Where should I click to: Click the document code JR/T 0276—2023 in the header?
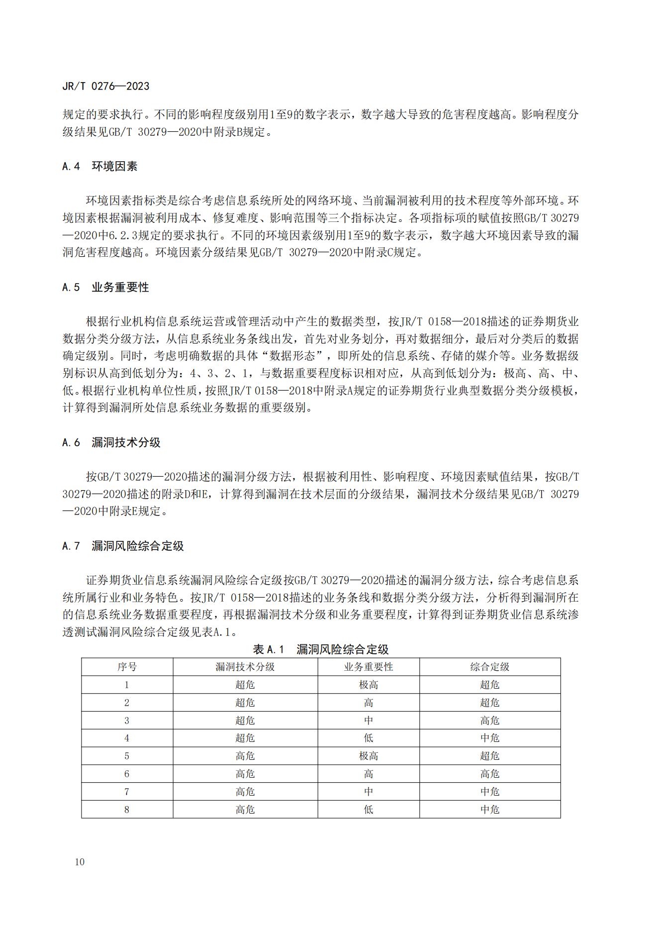[106, 86]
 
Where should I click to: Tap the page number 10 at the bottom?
[80, 862]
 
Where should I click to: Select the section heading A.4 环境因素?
[99, 166]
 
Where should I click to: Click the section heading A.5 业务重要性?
[105, 288]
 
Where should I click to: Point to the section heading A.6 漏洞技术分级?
[111, 442]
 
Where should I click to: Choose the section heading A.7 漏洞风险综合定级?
[123, 546]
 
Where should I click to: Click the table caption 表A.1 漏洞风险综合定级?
[321, 649]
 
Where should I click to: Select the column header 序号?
[127, 667]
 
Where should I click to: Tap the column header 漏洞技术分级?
[245, 667]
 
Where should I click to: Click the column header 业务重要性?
[369, 667]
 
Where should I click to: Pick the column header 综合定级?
[490, 667]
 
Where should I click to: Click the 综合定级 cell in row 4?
[490, 738]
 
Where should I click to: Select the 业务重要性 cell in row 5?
[369, 756]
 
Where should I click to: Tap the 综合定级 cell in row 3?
[490, 721]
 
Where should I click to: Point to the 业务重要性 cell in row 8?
[369, 810]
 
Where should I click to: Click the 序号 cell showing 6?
[127, 774]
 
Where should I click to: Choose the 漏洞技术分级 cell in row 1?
[245, 685]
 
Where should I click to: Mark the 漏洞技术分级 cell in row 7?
[245, 792]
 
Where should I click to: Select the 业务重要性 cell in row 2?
[369, 703]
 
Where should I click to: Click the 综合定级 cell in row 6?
[490, 774]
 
